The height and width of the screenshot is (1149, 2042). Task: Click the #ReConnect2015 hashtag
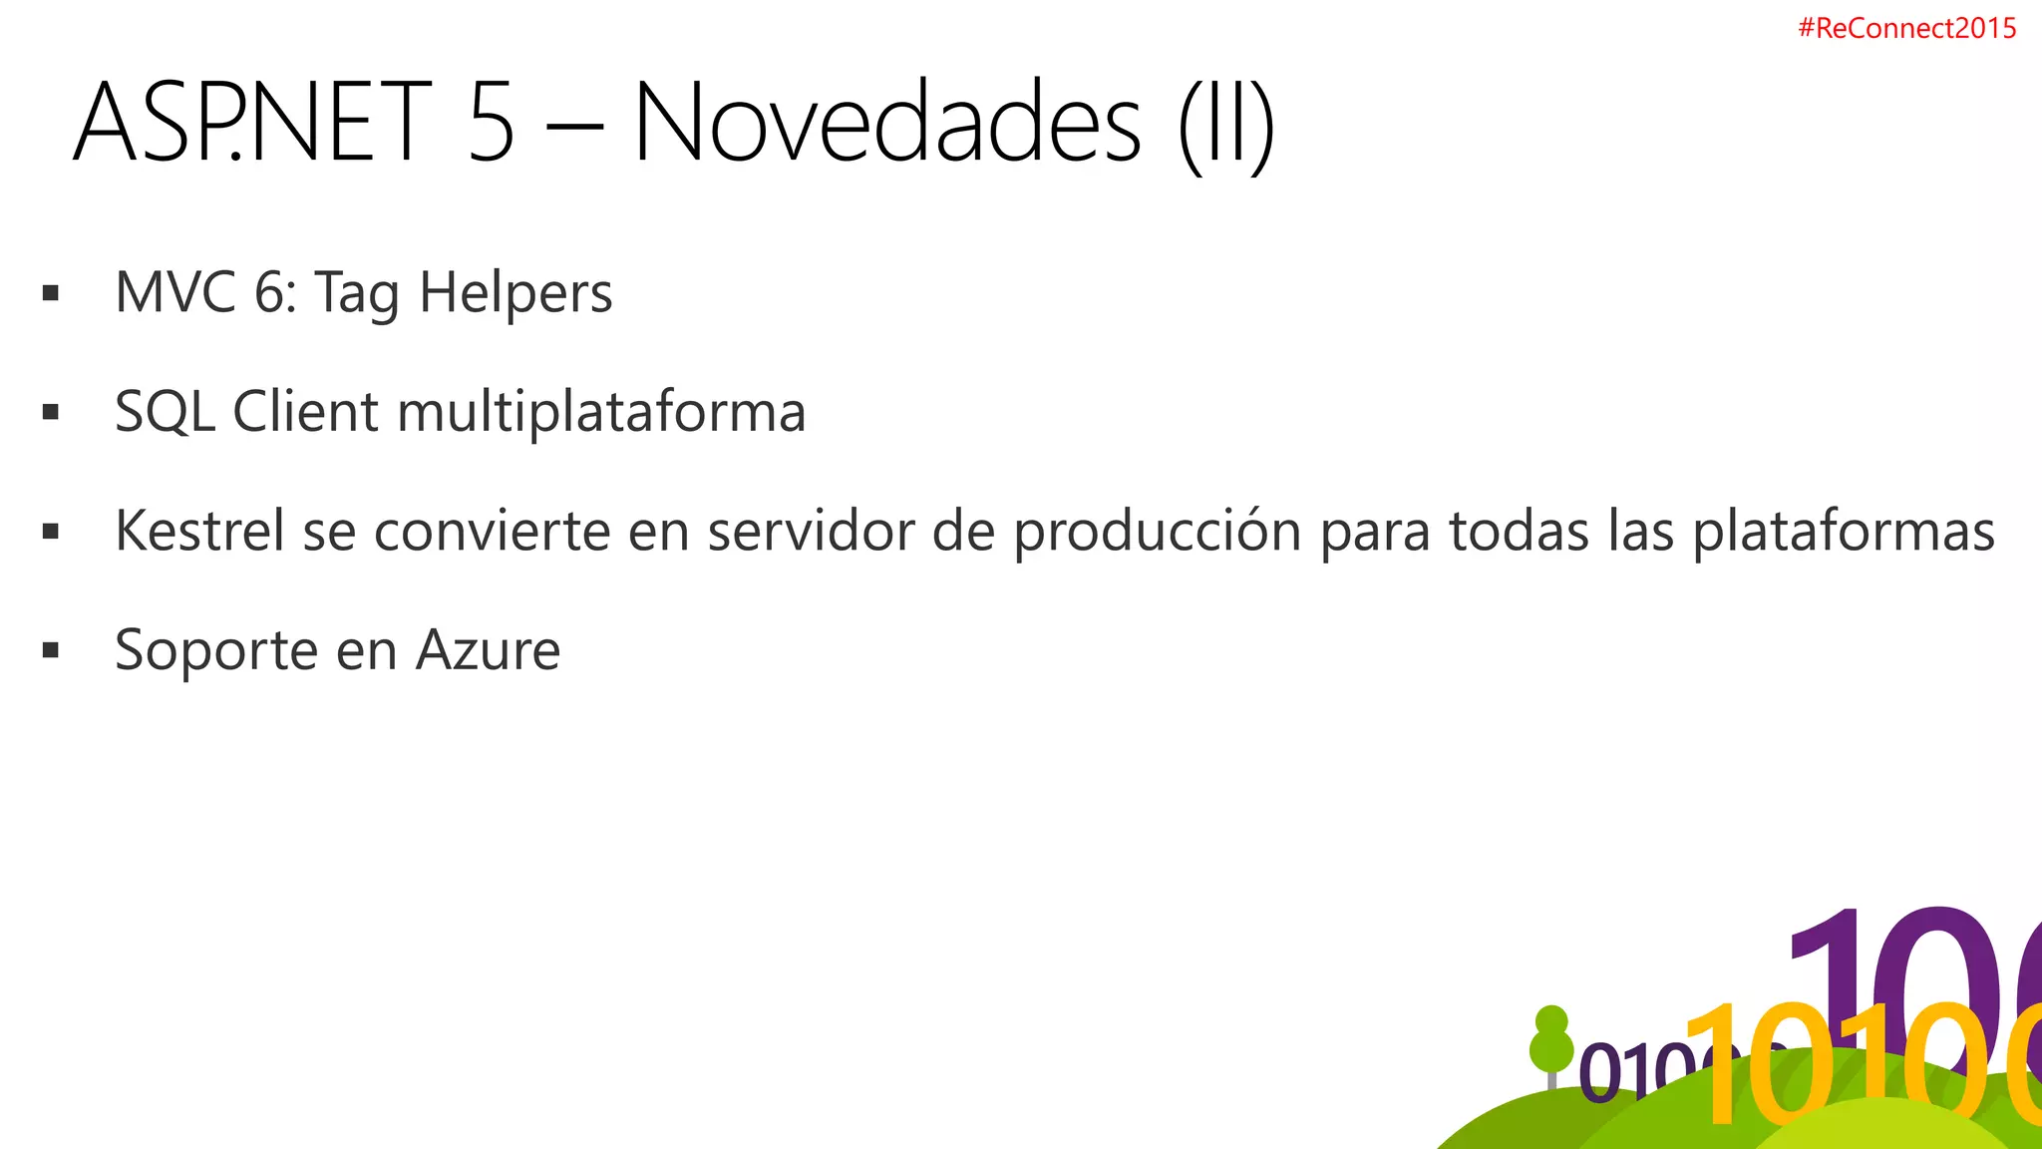tap(1906, 28)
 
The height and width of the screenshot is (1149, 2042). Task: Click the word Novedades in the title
tap(886, 123)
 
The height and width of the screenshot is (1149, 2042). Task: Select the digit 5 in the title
tap(491, 123)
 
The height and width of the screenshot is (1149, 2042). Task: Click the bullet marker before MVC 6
tap(51, 293)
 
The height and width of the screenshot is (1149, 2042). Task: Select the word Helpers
tap(515, 293)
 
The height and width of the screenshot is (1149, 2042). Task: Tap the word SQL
tap(165, 412)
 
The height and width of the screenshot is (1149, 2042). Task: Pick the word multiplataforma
tap(601, 412)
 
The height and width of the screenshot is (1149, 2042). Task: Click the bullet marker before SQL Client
tap(51, 412)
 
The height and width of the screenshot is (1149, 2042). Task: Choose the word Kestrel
tap(199, 531)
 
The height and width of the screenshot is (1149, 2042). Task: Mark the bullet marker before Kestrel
tap(51, 532)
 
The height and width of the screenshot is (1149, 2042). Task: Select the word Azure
tap(488, 650)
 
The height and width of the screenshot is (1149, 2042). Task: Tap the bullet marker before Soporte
tap(51, 651)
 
